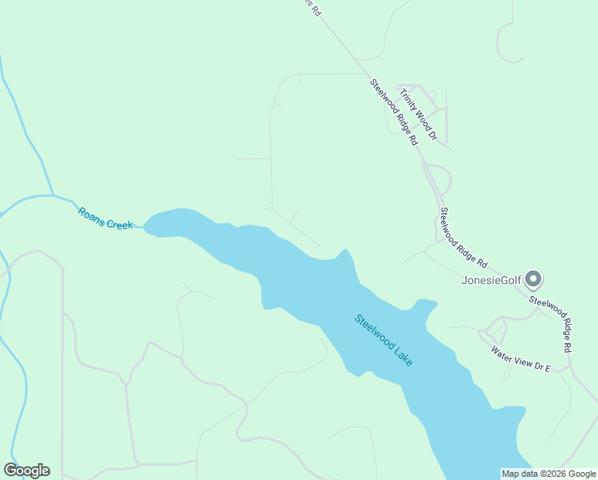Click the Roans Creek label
click(105, 218)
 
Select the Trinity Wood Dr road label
click(418, 114)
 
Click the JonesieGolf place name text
click(491, 280)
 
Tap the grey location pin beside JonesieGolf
click(534, 279)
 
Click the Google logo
click(26, 470)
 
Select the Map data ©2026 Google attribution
click(548, 474)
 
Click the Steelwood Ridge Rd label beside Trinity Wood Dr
click(394, 111)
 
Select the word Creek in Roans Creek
click(119, 224)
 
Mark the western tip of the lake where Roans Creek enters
click(146, 226)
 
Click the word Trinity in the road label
click(409, 99)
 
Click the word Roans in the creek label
click(90, 213)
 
